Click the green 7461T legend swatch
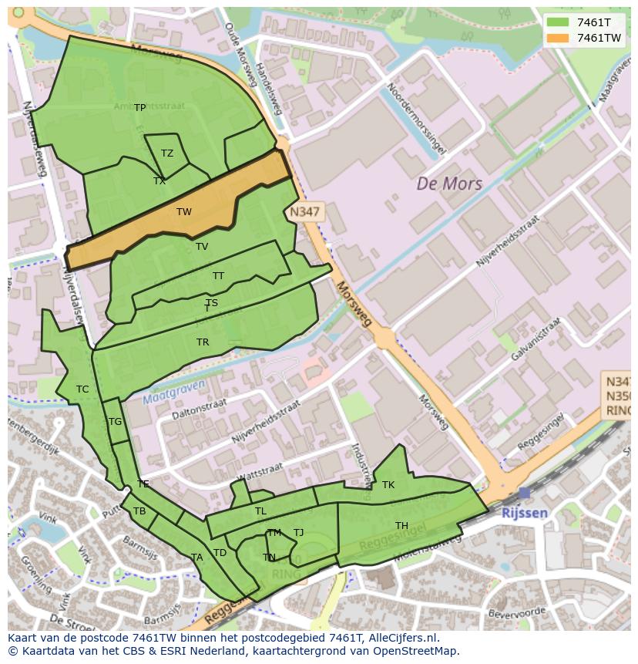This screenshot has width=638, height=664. tap(557, 22)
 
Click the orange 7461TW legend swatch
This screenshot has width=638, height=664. tap(557, 38)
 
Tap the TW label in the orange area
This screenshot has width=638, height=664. tap(184, 212)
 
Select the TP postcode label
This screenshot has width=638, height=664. tap(139, 108)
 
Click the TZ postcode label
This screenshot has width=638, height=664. tap(167, 153)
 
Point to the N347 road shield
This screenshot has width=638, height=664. tap(305, 211)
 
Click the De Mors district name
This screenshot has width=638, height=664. tap(449, 184)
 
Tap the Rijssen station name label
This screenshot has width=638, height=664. tap(524, 513)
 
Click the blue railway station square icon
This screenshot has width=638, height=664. tap(525, 493)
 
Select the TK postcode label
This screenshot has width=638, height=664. tap(388, 485)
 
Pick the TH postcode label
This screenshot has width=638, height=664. tap(401, 526)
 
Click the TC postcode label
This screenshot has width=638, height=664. tap(82, 389)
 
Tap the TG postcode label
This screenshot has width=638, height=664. tap(116, 422)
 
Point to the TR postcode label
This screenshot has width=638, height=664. tap(203, 342)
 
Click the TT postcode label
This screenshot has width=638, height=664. tap(219, 276)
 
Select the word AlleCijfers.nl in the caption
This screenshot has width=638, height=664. tap(401, 638)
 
